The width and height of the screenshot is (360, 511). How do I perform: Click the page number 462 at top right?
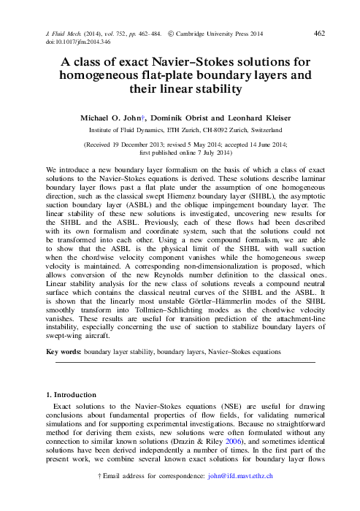pyautogui.click(x=318, y=33)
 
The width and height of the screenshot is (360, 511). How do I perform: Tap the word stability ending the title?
pyautogui.click(x=215, y=90)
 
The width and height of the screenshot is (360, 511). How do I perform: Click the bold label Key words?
pyautogui.click(x=63, y=351)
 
